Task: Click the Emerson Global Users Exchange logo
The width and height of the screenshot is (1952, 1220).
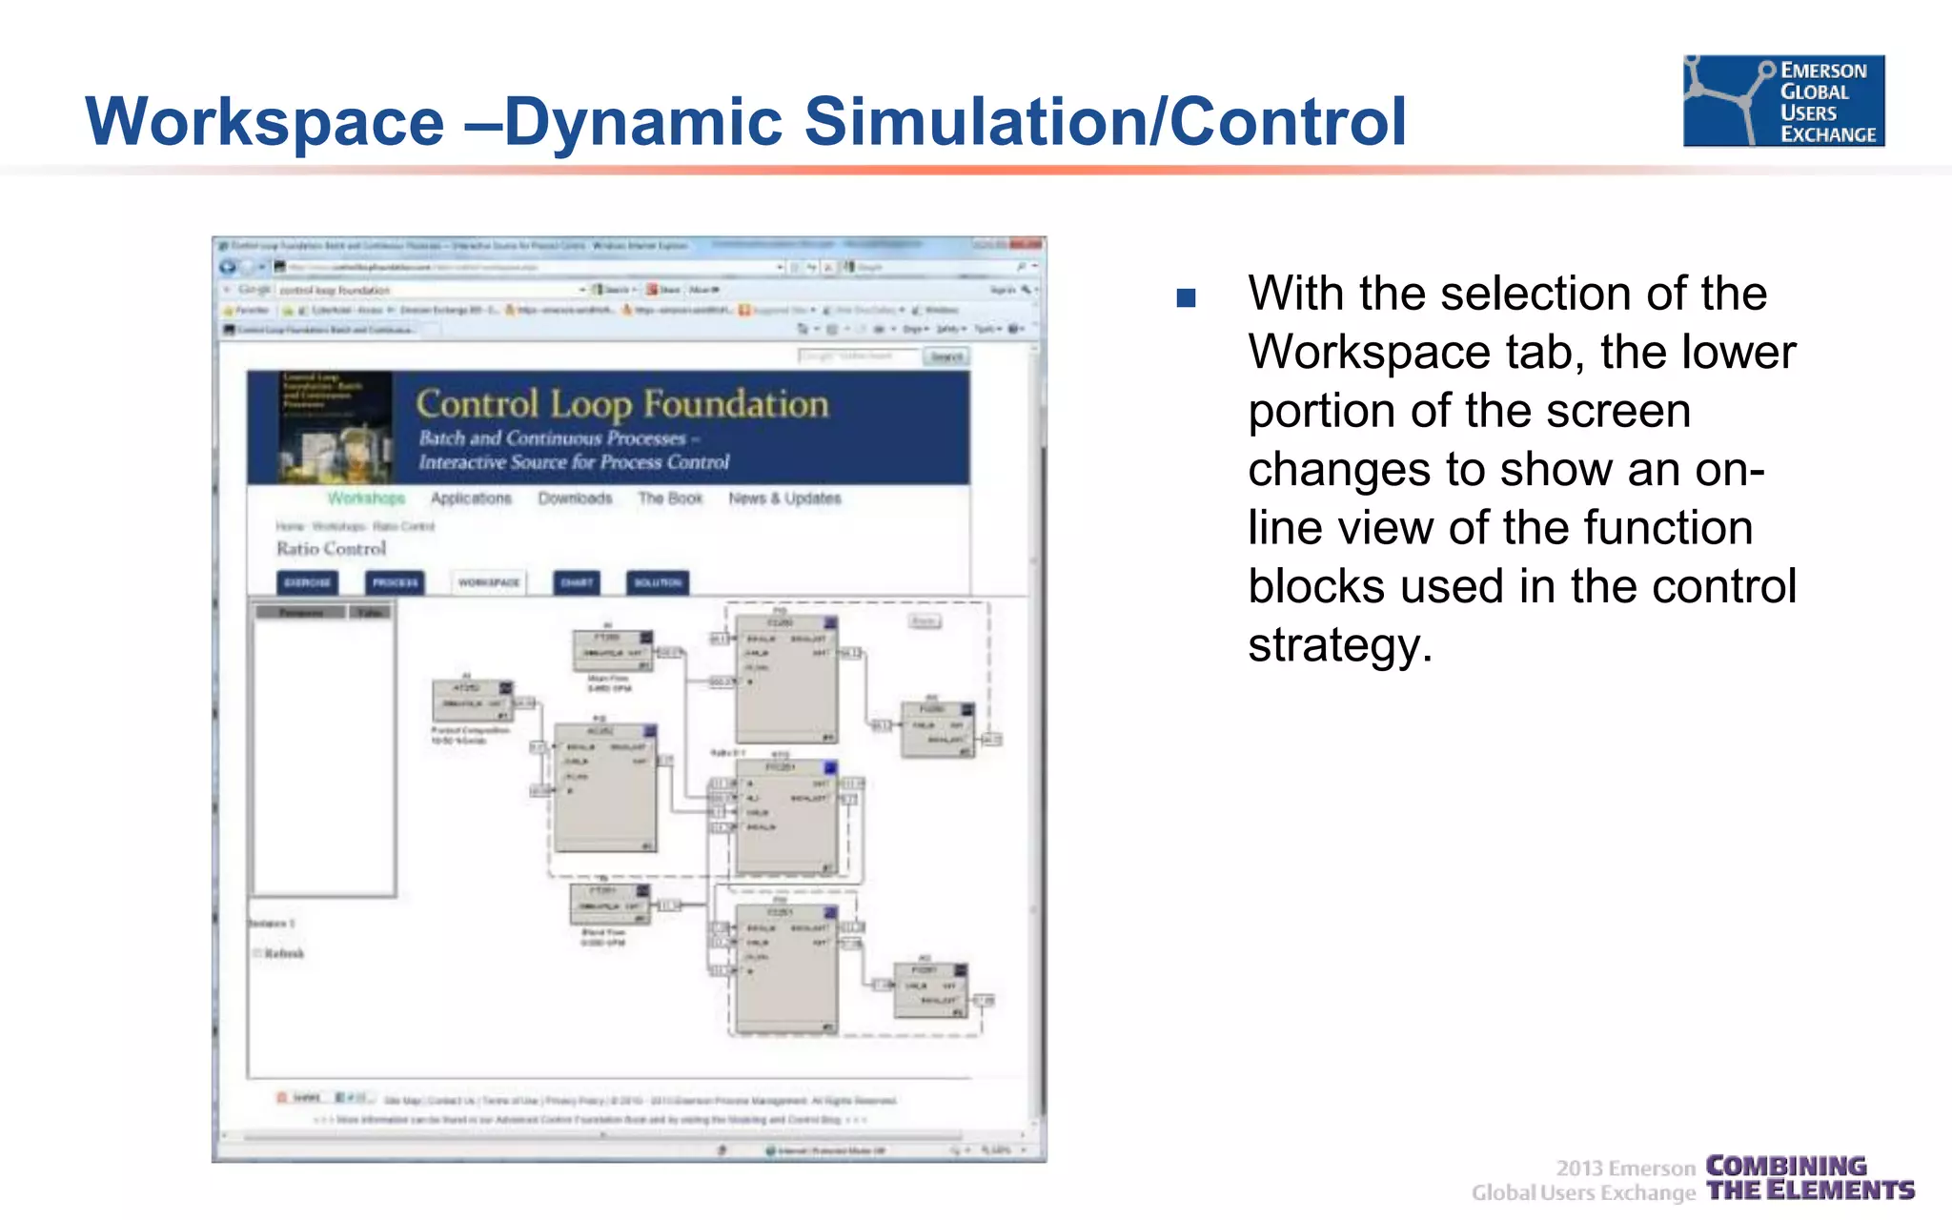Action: coord(1783,101)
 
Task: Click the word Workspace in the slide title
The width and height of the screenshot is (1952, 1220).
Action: coord(265,122)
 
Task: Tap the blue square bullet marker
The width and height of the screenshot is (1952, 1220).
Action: coord(1186,298)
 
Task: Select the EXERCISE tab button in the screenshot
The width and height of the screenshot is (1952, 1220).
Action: coord(308,582)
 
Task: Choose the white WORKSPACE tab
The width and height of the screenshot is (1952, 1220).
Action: coord(489,582)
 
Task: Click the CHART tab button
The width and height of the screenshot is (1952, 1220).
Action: coord(577,582)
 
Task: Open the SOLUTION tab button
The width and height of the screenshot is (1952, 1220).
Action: coord(658,582)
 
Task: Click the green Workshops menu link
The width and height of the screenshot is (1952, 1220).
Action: coord(366,498)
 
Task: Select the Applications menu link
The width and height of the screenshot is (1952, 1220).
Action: coord(471,498)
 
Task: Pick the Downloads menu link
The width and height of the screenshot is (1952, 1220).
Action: coord(575,498)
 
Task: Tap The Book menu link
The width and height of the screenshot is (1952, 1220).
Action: coord(670,498)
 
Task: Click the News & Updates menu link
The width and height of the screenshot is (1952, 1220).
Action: coord(784,498)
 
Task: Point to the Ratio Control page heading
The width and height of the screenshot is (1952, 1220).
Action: coord(331,549)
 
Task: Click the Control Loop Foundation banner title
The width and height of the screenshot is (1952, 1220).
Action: coord(622,404)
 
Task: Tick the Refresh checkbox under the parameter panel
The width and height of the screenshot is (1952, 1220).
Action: coord(257,953)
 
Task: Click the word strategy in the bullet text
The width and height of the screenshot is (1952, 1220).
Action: coord(1339,645)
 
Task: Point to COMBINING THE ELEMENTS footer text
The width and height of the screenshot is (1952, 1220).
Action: coord(1809,1178)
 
